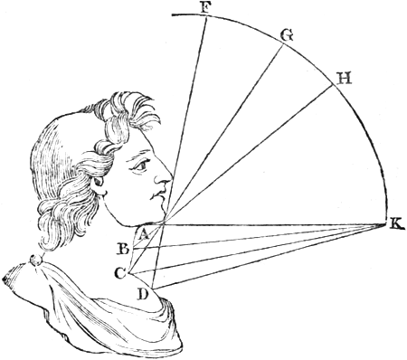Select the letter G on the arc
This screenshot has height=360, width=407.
(x=286, y=35)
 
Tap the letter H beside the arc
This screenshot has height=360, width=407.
(x=345, y=79)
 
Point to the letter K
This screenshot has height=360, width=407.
(x=396, y=224)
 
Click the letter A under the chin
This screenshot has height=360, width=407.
(x=144, y=234)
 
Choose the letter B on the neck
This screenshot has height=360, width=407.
(x=124, y=250)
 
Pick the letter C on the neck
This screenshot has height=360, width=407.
(x=120, y=273)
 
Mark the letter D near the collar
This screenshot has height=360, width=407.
(x=142, y=295)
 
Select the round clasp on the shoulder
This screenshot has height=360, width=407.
(x=36, y=260)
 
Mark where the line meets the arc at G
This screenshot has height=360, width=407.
(x=283, y=44)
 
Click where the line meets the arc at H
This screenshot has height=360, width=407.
(x=334, y=86)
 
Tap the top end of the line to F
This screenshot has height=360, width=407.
(x=207, y=17)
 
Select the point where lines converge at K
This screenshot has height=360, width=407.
(x=386, y=223)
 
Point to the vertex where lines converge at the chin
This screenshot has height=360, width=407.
(x=164, y=223)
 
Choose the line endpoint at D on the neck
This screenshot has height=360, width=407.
(x=153, y=289)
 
